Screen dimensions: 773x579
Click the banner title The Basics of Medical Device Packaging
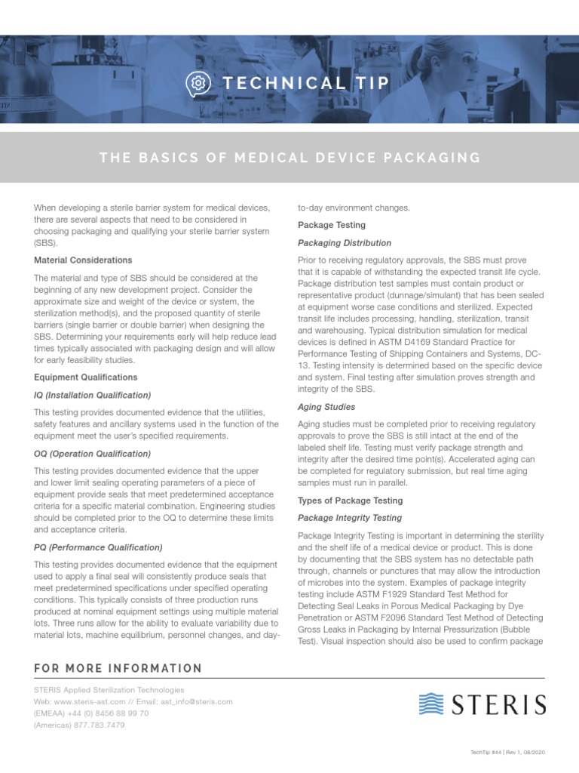tap(289, 158)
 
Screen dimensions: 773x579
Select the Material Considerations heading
tap(83, 260)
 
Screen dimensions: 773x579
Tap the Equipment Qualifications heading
tap(86, 377)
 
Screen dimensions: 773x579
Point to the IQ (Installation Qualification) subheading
tap(93, 395)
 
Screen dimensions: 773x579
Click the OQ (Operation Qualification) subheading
tap(93, 454)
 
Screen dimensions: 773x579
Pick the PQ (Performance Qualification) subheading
tap(98, 547)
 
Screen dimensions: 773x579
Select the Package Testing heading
tap(332, 225)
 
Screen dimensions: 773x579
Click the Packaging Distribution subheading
tap(345, 243)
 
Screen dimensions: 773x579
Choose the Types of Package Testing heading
tap(350, 500)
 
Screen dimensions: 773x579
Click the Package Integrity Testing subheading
tap(350, 518)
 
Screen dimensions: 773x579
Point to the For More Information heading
tap(118, 668)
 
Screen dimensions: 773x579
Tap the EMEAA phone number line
tap(91, 713)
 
